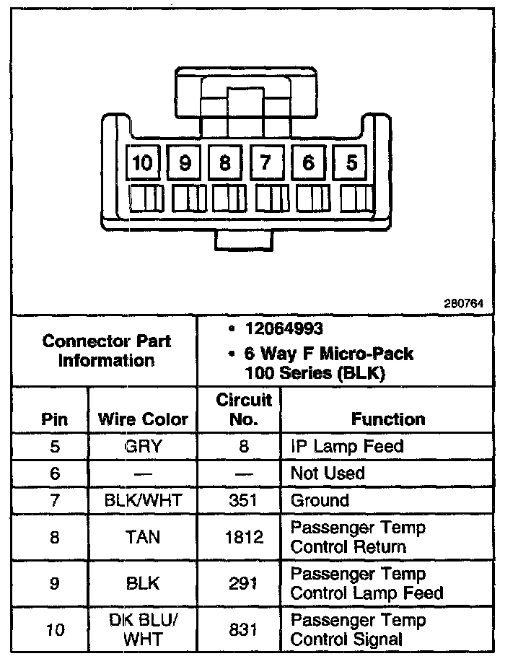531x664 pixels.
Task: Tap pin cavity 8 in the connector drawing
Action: pos(226,163)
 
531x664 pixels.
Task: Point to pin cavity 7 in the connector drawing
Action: pos(266,163)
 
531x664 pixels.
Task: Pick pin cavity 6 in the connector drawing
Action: pos(309,163)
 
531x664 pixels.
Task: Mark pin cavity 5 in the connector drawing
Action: pos(351,163)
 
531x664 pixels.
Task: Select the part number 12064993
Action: pos(283,329)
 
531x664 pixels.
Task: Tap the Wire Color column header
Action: pos(143,419)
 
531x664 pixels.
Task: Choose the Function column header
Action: pos(388,419)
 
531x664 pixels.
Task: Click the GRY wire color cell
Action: pos(143,446)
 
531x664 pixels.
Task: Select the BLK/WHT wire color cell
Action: pos(143,500)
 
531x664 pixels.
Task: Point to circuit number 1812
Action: pos(243,537)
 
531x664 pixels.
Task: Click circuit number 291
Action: pos(243,583)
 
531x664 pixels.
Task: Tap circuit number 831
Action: pos(243,629)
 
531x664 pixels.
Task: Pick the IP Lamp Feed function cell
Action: pos(346,446)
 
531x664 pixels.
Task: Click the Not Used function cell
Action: pos(328,473)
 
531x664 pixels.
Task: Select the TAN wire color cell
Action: pos(143,537)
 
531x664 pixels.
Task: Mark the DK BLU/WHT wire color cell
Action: pos(143,629)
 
